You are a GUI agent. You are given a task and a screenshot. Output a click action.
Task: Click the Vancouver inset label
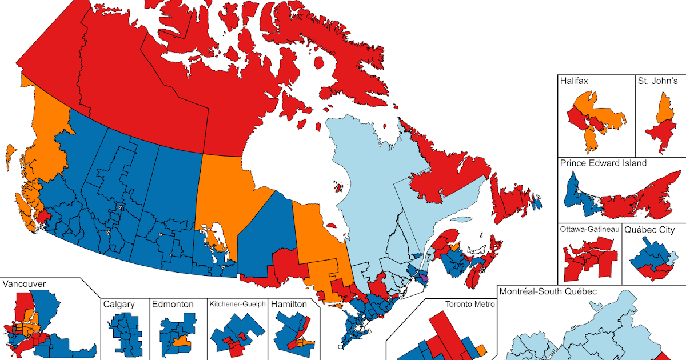pos(24,284)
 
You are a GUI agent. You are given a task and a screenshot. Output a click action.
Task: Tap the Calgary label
pos(119,305)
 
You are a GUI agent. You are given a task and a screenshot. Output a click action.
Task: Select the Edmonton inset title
pos(173,305)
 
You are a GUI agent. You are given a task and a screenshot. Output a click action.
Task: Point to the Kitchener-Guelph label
pos(237,305)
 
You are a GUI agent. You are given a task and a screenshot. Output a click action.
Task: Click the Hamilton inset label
pos(289,305)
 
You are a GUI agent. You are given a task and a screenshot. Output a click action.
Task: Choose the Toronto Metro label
pos(469,304)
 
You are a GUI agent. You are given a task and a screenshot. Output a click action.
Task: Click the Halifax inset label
pos(575,81)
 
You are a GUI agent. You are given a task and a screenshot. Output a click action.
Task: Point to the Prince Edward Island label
pos(603,163)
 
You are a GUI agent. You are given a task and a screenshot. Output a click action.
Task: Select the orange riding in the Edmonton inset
pos(182,342)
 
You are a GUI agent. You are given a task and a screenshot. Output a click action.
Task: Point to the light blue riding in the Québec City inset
pos(673,255)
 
